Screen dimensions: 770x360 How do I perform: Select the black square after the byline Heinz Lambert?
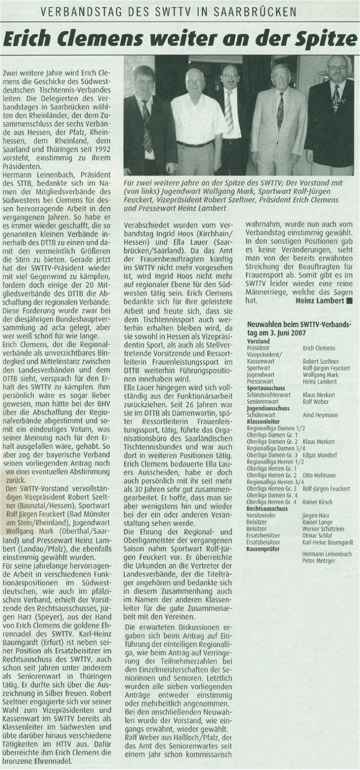[350, 301]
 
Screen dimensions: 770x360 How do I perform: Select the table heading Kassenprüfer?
[263, 549]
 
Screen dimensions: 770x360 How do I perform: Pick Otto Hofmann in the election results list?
[317, 475]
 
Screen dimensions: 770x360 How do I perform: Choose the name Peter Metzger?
[319, 561]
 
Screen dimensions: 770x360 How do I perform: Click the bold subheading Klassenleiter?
[263, 421]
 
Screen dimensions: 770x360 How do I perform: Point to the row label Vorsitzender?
[261, 515]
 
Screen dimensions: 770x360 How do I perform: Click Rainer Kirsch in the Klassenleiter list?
[317, 502]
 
